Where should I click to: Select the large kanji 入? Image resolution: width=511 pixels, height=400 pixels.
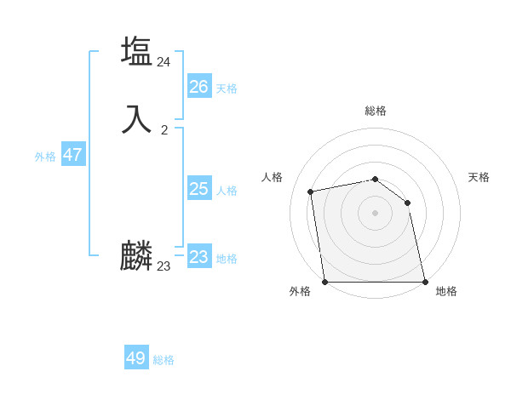(x=136, y=118)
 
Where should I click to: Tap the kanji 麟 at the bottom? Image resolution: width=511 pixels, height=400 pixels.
(x=136, y=255)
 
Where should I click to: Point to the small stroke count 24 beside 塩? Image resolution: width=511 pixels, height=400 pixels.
(x=164, y=61)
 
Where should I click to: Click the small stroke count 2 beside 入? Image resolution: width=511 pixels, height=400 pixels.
(x=164, y=130)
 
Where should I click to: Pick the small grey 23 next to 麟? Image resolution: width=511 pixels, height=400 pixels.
(x=164, y=266)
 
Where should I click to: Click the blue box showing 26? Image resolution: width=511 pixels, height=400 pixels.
(x=198, y=87)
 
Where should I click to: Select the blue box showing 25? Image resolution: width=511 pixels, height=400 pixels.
(x=198, y=189)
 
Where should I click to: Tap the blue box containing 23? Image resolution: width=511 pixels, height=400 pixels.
(x=198, y=257)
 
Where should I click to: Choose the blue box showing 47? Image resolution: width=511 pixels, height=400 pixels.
(x=72, y=155)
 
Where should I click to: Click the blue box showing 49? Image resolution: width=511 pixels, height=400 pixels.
(x=136, y=358)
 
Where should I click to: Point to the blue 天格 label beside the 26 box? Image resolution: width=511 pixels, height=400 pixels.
(x=227, y=89)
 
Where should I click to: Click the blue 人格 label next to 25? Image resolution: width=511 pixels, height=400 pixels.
(x=227, y=191)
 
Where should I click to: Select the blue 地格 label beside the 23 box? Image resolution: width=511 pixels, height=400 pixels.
(x=227, y=259)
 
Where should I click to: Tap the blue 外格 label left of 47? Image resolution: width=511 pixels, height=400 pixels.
(x=45, y=157)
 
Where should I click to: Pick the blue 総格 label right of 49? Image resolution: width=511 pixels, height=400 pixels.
(x=164, y=360)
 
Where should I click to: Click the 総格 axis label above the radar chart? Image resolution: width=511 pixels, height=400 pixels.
(x=375, y=111)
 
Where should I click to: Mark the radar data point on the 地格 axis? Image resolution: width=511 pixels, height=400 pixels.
(x=425, y=282)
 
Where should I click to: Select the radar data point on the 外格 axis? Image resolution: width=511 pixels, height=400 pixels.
(x=324, y=282)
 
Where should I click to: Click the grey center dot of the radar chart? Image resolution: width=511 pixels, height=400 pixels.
(x=375, y=213)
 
